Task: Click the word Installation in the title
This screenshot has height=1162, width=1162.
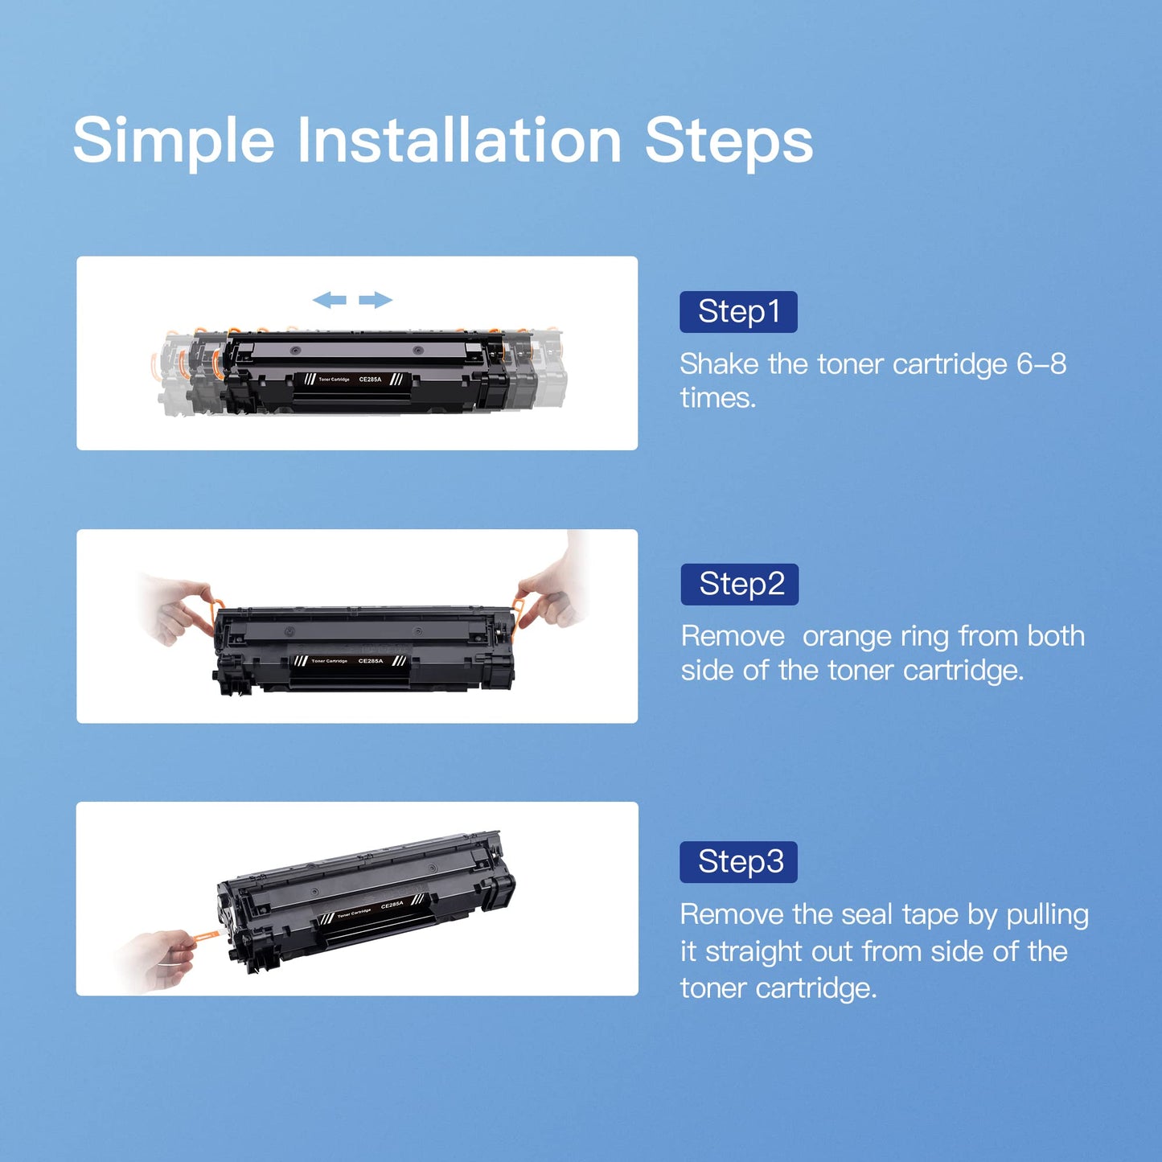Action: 459,139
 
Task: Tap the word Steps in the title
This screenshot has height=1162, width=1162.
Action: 729,143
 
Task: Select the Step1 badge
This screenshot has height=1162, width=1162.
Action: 738,312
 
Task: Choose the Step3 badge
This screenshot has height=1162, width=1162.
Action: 738,862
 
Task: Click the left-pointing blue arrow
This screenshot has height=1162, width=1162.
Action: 329,300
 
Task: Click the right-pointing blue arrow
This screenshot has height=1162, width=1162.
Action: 375,300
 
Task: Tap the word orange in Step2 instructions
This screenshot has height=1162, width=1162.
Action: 846,637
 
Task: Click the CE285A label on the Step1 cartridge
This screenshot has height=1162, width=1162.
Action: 370,380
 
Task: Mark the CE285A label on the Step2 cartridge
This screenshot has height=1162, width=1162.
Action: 370,661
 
